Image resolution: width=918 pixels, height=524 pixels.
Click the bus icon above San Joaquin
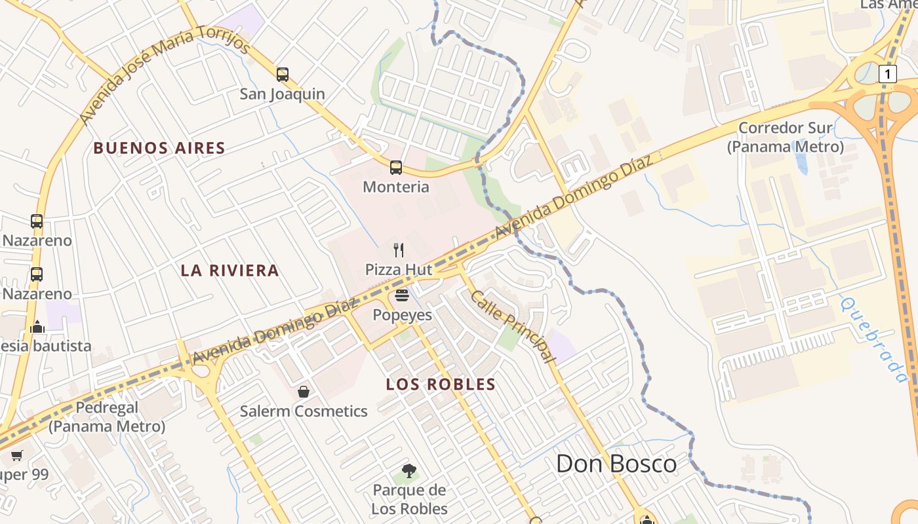(283, 74)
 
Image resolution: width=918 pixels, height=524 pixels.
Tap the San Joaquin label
(282, 94)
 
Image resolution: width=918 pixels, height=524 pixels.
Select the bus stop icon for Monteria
(396, 167)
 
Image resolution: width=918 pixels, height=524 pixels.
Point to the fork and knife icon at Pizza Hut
(399, 250)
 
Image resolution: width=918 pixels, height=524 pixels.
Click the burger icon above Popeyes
(402, 295)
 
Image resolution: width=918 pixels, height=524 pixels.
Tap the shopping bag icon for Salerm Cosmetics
(304, 392)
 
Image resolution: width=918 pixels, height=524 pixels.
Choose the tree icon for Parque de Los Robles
(409, 470)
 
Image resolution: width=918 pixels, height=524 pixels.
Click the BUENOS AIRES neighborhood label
(159, 148)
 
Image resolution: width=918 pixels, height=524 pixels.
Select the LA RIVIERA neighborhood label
(229, 271)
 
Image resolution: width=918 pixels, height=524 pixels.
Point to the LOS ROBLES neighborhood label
(441, 384)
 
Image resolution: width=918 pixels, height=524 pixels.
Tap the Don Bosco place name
(616, 464)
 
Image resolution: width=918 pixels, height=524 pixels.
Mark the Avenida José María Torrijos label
(165, 75)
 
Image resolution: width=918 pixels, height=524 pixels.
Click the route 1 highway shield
(887, 74)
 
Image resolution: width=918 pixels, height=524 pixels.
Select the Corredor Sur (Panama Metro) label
(785, 137)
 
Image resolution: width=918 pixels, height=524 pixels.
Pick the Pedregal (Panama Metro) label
(107, 417)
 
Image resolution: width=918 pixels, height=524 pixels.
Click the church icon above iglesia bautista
(37, 326)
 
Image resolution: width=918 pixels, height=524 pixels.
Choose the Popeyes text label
(403, 315)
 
